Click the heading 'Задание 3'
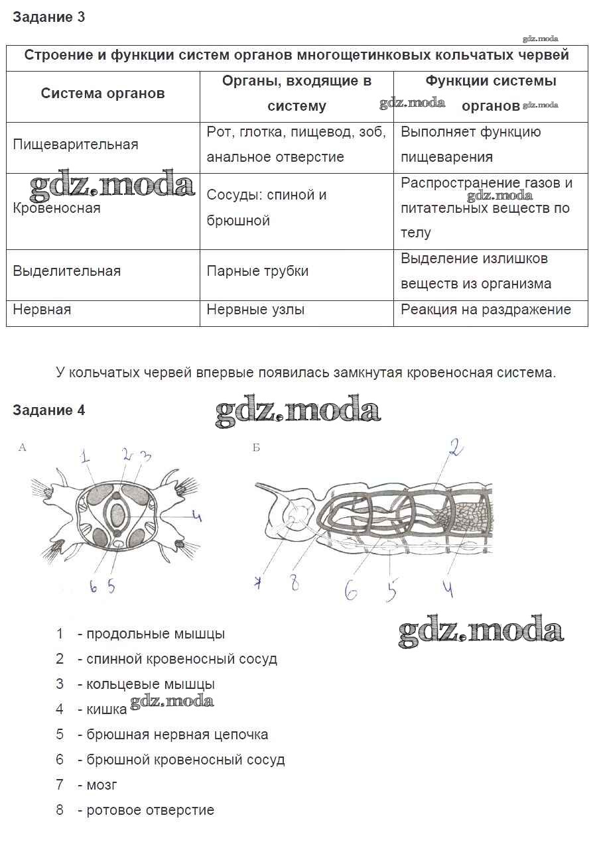(x=48, y=17)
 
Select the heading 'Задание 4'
(x=48, y=410)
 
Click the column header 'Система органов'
(x=103, y=93)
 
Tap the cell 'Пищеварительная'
(x=76, y=145)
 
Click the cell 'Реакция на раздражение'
(x=486, y=309)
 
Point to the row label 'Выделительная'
(x=67, y=271)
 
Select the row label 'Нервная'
(x=42, y=309)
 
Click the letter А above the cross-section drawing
(x=22, y=448)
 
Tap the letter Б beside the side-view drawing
(x=256, y=448)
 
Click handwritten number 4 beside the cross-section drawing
(x=197, y=515)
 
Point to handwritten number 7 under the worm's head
(x=258, y=584)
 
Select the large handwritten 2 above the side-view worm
(x=454, y=450)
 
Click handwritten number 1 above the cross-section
(x=86, y=456)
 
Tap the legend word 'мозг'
(x=101, y=785)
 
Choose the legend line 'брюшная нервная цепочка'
(x=177, y=735)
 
